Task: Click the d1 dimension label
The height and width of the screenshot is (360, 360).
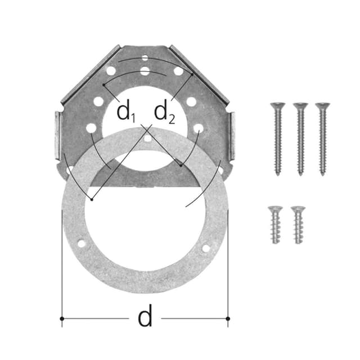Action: point(126,112)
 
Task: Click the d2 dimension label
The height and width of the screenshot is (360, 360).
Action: point(164,112)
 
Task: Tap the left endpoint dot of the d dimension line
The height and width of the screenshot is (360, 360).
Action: point(62,319)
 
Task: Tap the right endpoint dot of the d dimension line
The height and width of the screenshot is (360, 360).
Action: point(228,319)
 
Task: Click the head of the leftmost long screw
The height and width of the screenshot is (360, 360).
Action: point(277,105)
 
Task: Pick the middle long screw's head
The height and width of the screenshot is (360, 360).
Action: point(300,105)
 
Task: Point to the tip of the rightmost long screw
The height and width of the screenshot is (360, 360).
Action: point(322,174)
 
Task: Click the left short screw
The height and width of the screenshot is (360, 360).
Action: point(275,224)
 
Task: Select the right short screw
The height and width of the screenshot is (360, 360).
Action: point(298,224)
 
